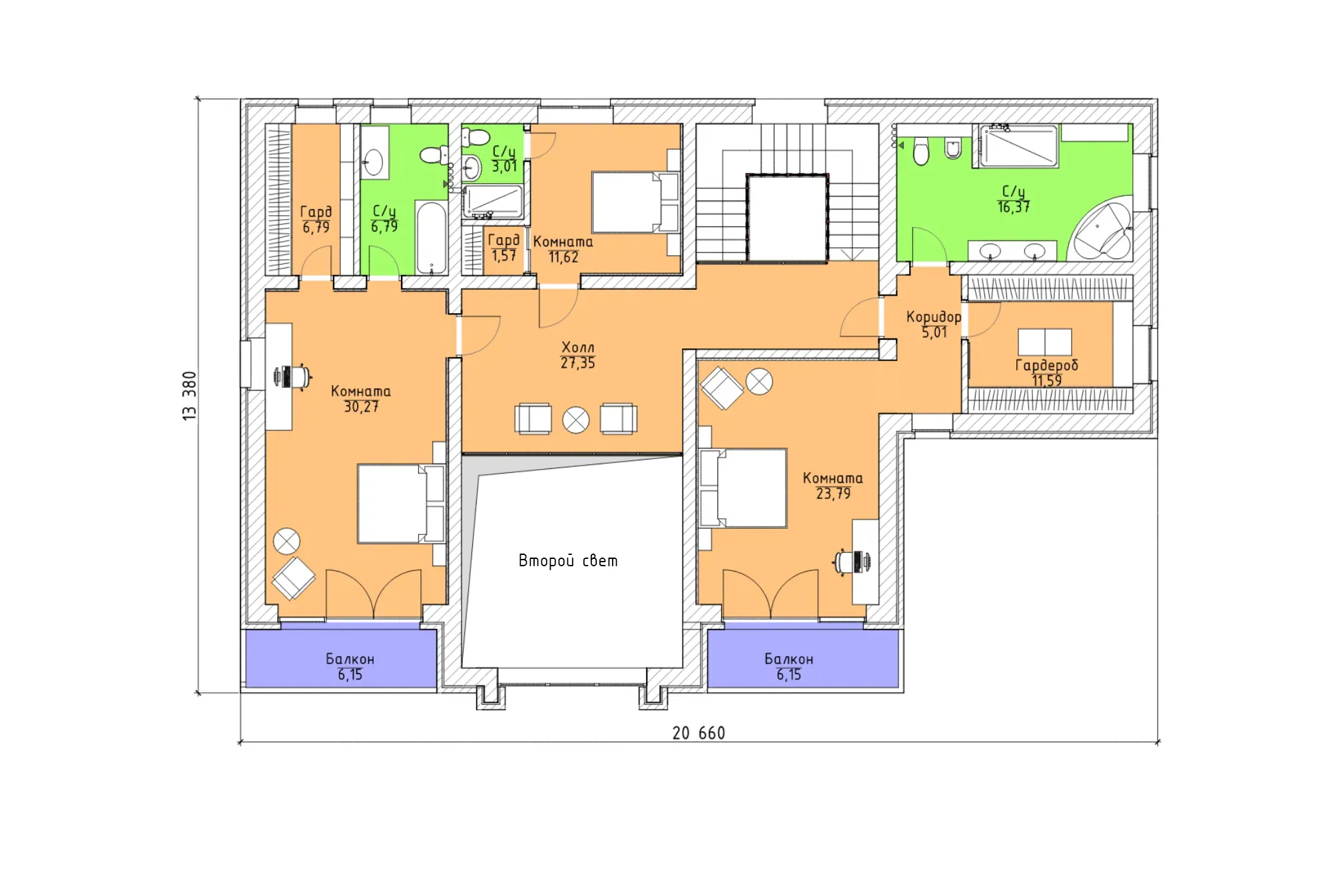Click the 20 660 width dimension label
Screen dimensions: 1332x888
pos(698,733)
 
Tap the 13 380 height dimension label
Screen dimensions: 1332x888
pos(190,396)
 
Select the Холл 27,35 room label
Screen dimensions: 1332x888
pos(577,355)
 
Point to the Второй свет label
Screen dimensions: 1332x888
pos(568,561)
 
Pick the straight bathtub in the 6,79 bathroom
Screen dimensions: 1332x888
pos(432,238)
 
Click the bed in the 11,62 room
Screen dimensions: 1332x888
pos(636,202)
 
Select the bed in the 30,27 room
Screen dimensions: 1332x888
pos(401,504)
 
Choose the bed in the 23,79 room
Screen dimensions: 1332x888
pos(743,488)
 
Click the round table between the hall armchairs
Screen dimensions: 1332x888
pos(576,420)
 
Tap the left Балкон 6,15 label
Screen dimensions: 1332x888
pos(350,667)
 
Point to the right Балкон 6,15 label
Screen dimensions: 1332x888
pos(789,667)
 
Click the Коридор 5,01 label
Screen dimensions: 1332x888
pos(934,324)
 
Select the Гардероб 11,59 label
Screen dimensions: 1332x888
pos(1046,372)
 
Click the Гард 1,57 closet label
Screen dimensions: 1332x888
pos(503,247)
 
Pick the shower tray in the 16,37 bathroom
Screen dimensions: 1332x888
pos(1018,146)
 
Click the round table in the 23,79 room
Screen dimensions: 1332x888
pos(759,382)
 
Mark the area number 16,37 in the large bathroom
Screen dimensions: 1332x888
pos(1013,207)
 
